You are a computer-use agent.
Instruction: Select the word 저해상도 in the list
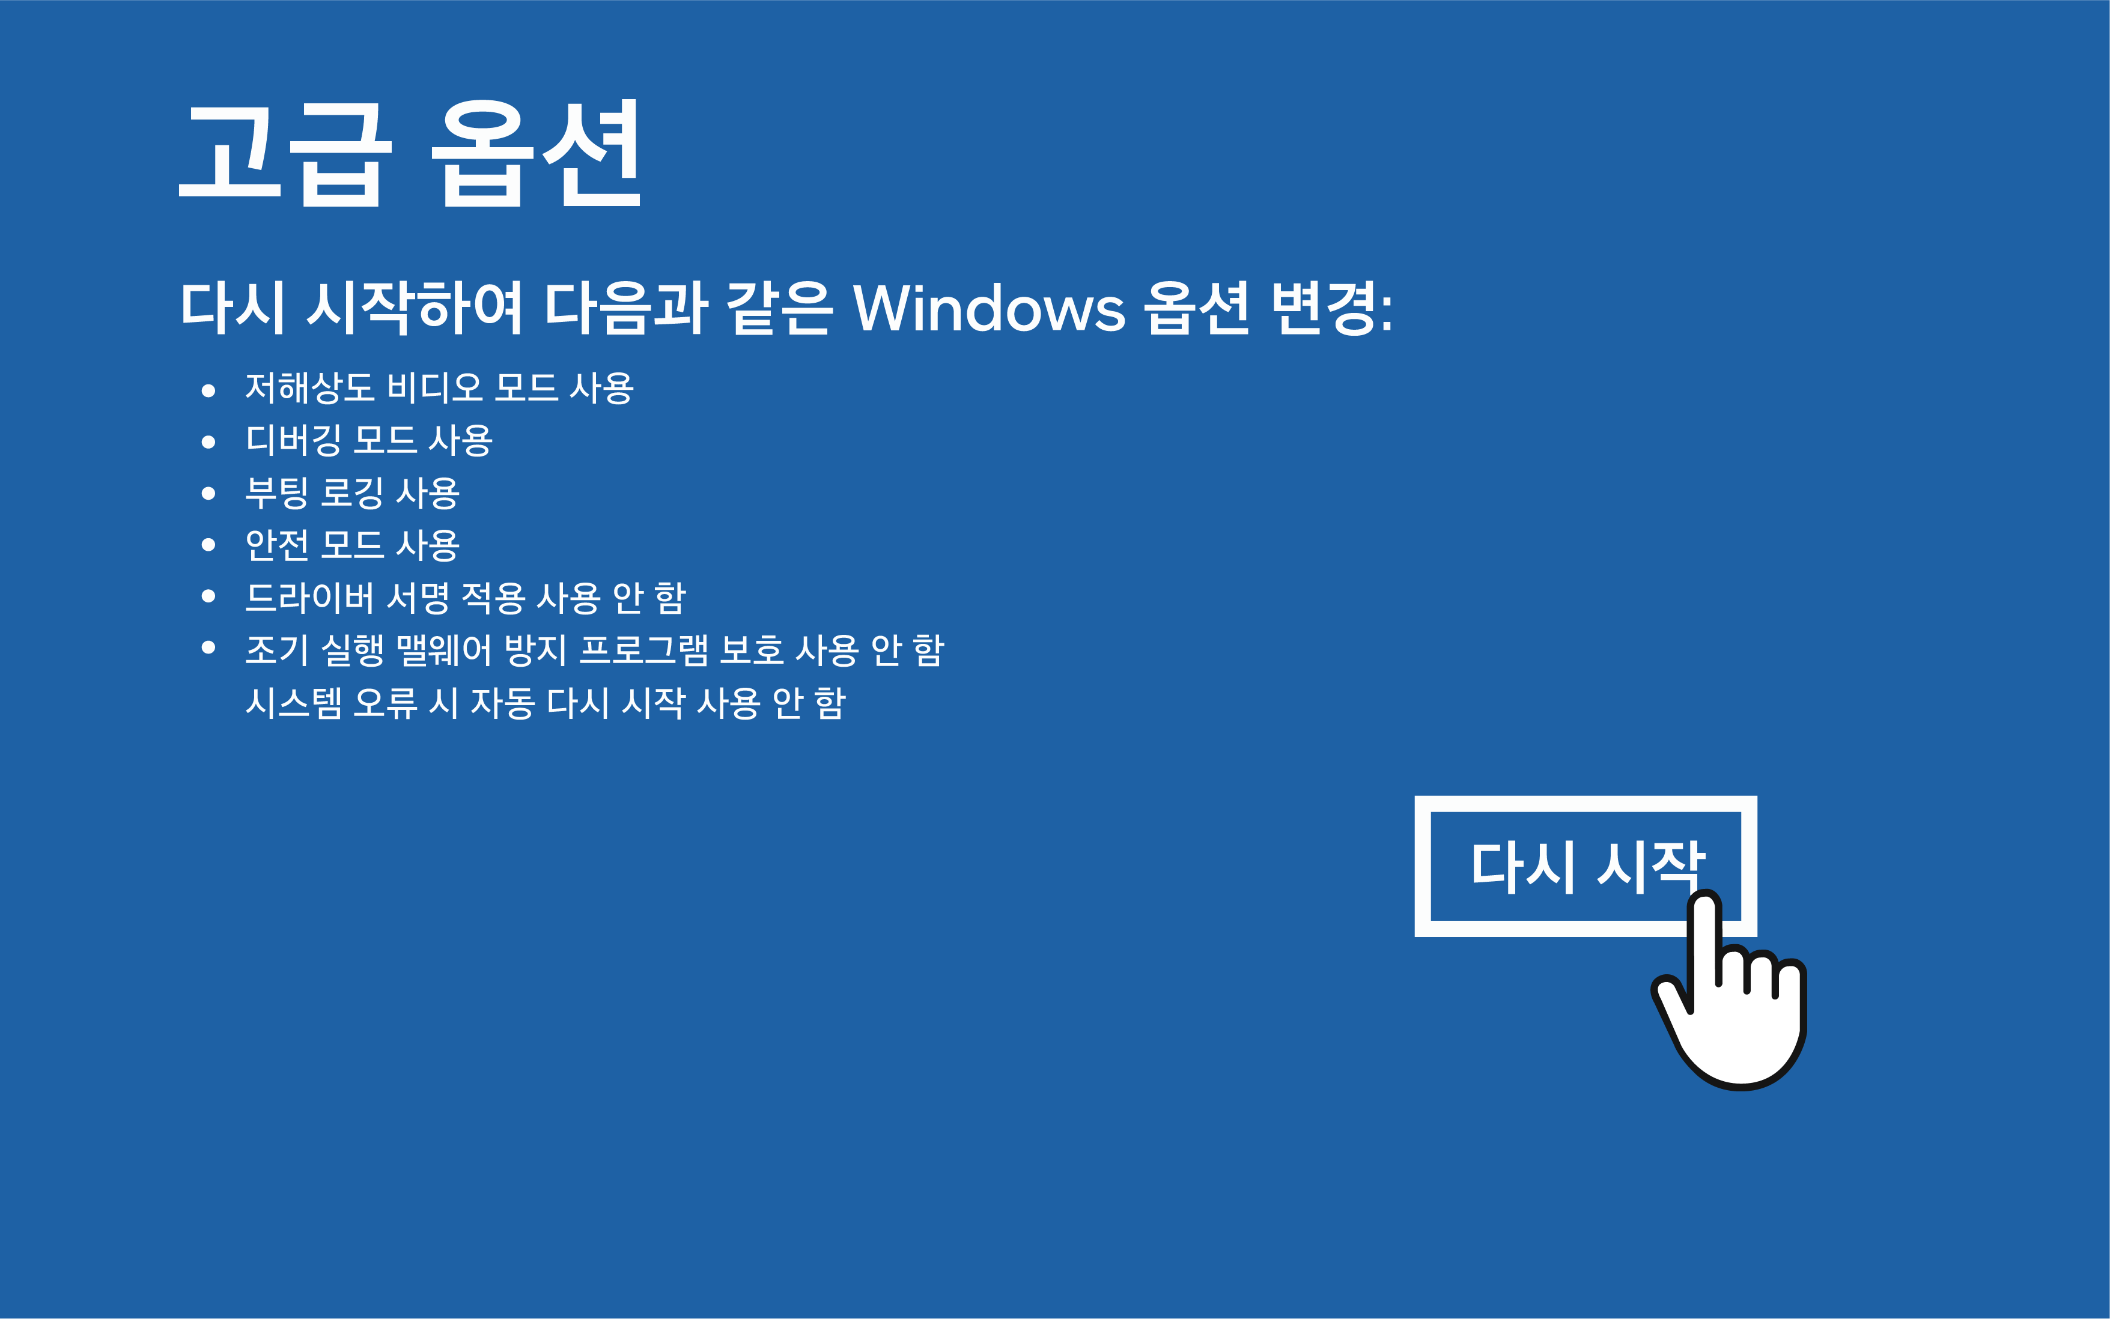click(310, 388)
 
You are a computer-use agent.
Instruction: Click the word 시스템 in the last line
click(293, 702)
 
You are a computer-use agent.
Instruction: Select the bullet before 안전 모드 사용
click(208, 545)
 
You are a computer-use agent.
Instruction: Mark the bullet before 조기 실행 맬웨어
click(208, 647)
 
